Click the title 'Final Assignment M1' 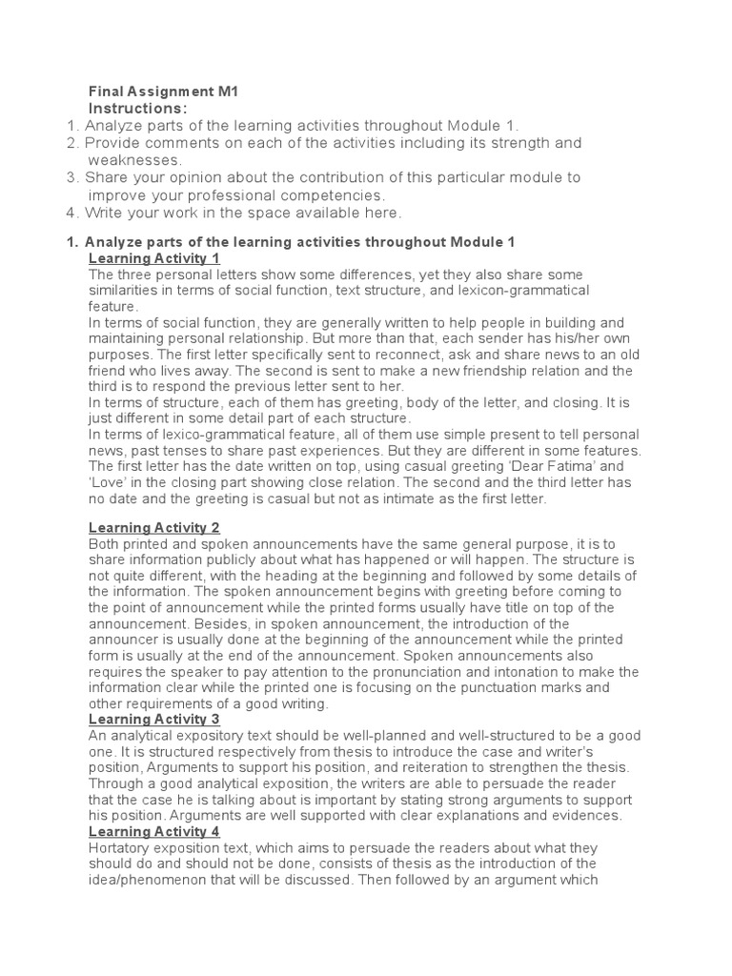click(x=162, y=91)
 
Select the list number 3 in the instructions click(x=71, y=177)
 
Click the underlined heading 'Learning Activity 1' click(x=154, y=258)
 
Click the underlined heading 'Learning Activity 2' click(x=154, y=527)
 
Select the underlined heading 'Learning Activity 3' click(x=154, y=718)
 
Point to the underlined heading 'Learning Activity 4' click(x=154, y=831)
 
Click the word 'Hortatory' click(x=123, y=847)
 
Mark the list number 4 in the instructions click(x=71, y=212)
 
